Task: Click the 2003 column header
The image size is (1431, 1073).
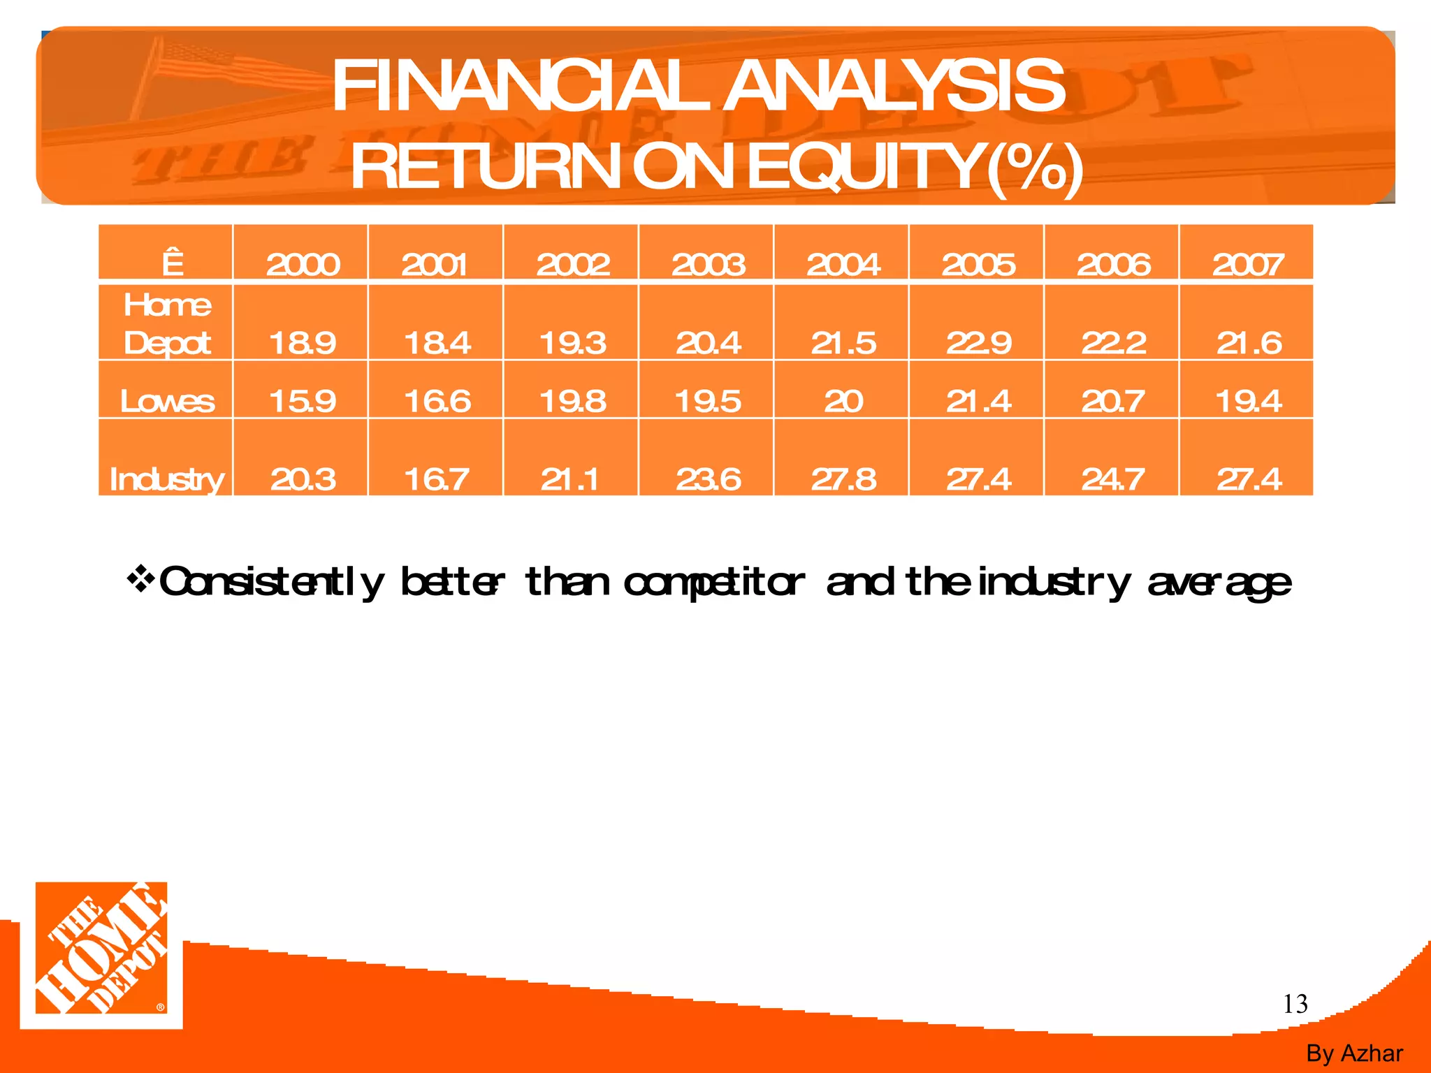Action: click(708, 264)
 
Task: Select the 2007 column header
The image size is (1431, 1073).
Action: click(1248, 264)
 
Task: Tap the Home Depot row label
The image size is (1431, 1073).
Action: click(167, 324)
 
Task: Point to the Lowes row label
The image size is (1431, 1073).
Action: click(167, 401)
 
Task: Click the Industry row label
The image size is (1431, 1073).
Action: click(167, 479)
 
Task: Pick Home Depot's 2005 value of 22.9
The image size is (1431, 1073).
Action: click(978, 342)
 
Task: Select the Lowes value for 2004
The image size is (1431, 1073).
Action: click(843, 401)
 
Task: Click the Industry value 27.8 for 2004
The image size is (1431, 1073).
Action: click(843, 479)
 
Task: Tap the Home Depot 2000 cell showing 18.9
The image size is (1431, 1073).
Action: click(303, 342)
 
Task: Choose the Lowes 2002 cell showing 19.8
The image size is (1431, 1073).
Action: click(573, 401)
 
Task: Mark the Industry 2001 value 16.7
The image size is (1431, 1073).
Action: click(437, 479)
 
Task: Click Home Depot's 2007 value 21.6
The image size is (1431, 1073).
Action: click(1249, 342)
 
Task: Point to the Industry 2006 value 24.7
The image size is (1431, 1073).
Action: click(1113, 479)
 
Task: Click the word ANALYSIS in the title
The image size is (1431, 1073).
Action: click(894, 86)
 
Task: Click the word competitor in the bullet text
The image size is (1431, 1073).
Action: click(713, 583)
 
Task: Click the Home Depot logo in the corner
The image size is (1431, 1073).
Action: click(102, 954)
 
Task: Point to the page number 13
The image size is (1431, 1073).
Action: click(1295, 1004)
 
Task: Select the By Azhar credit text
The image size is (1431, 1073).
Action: click(1354, 1053)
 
